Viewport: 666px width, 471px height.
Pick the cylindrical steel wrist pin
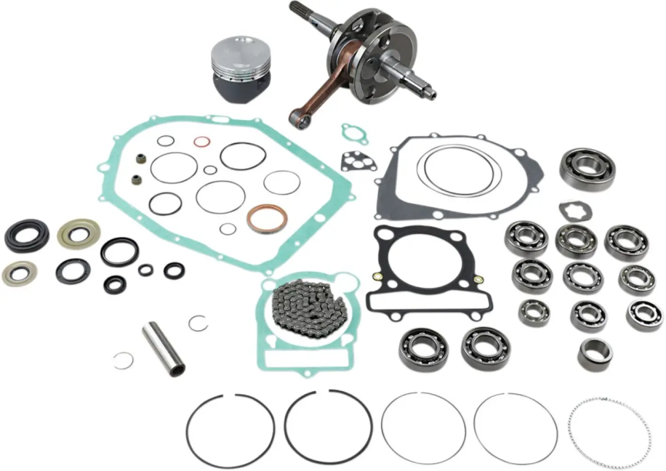click(163, 348)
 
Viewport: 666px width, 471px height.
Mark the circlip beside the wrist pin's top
click(197, 323)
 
